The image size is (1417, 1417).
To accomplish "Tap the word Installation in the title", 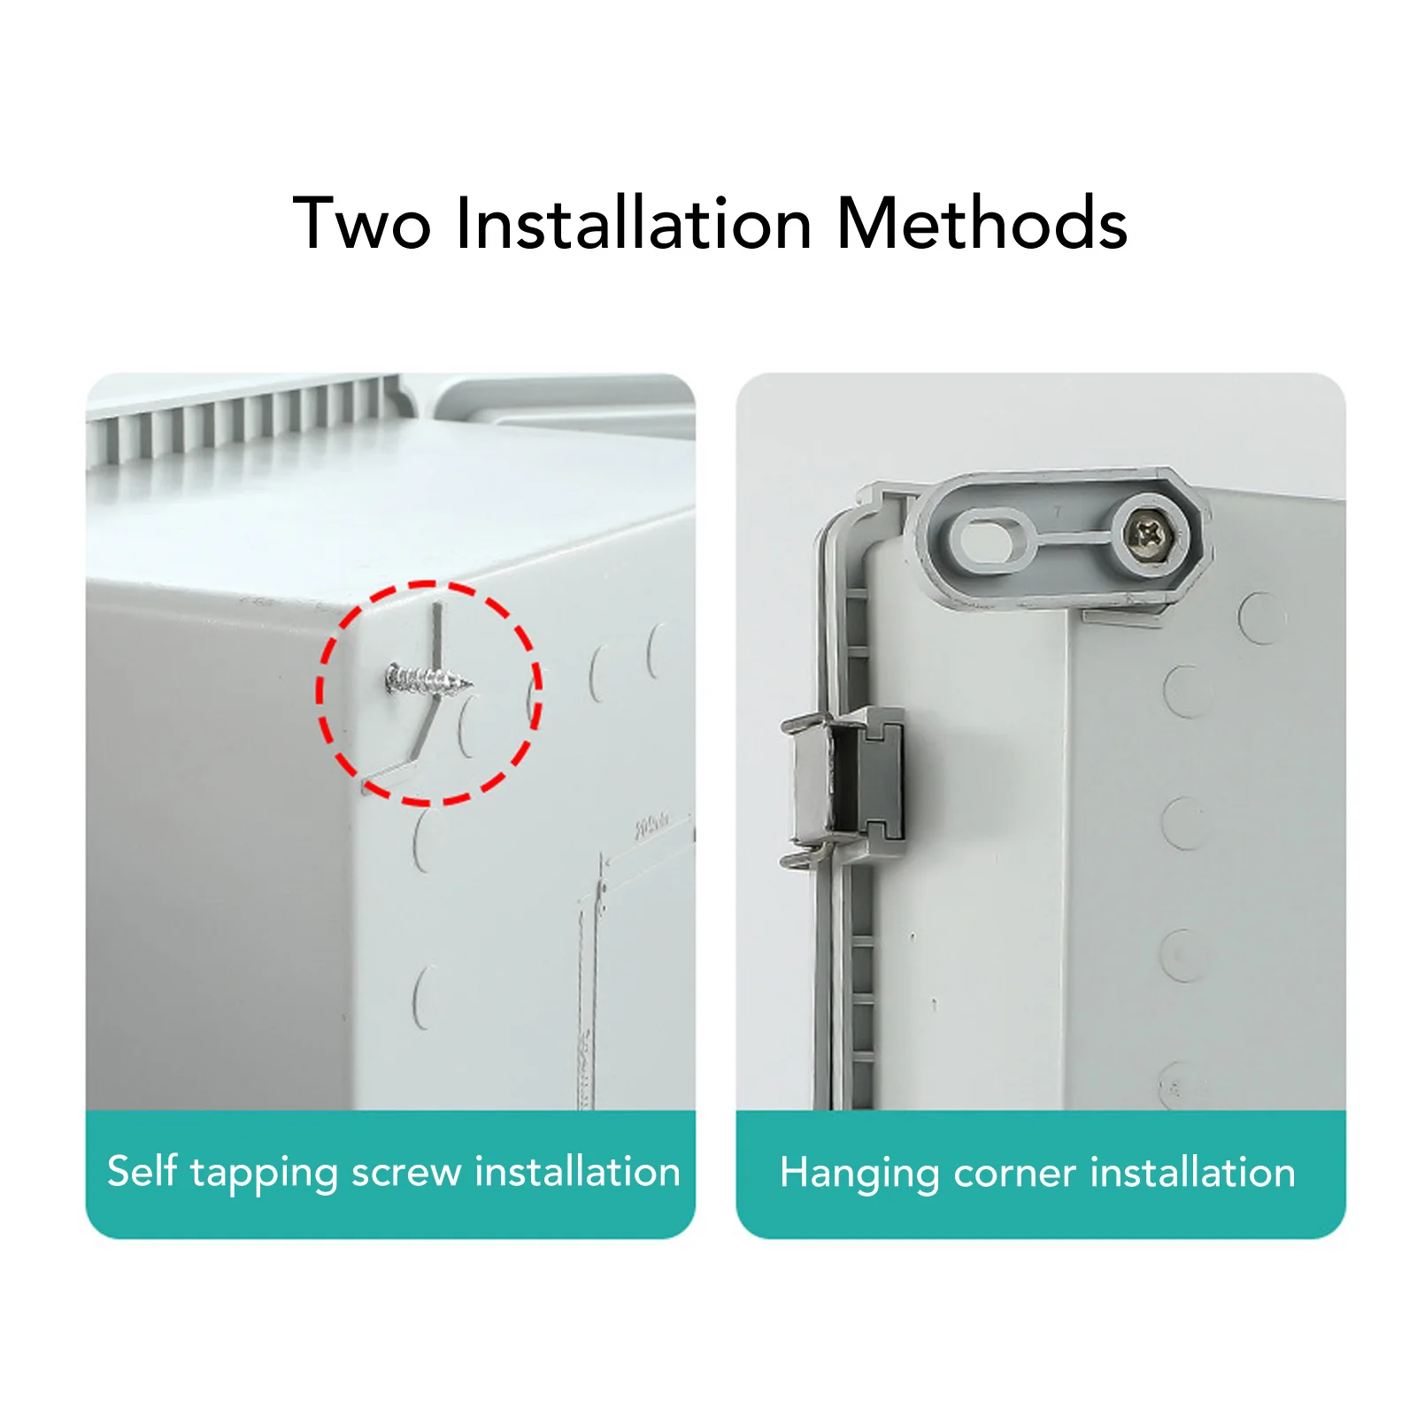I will point(634,224).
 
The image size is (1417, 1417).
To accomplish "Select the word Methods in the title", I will point(982,224).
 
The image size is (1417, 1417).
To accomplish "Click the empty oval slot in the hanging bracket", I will point(988,535).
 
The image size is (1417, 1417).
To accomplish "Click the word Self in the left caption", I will point(142,1171).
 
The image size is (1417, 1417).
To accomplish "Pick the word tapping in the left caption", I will point(264,1173).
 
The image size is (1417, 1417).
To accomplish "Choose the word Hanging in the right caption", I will point(859,1174).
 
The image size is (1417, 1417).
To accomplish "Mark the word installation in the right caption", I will point(1192,1173).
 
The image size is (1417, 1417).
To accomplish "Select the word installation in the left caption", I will point(577,1172).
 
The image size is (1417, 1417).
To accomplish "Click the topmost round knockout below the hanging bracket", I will point(1261,617).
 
